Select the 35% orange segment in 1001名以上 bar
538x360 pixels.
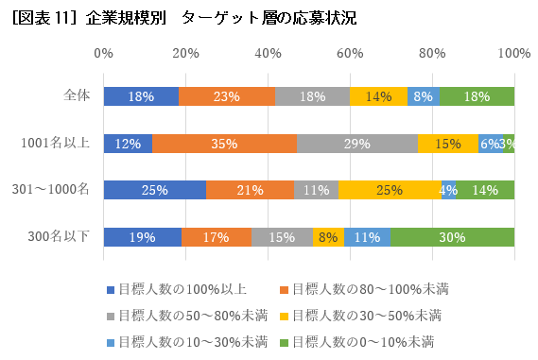point(224,144)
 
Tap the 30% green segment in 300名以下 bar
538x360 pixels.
point(452,237)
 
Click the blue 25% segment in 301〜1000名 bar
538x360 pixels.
point(155,190)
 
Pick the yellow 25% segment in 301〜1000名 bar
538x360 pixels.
point(390,190)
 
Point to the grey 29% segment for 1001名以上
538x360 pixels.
point(357,144)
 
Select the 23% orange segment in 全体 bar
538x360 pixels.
point(227,96)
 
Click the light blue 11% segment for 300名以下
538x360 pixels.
point(368,237)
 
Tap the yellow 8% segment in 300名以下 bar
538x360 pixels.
point(328,237)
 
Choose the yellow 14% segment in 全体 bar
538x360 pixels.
point(378,96)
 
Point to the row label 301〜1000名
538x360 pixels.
point(54,190)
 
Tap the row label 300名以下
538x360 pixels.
point(61,236)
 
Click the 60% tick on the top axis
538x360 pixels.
point(350,55)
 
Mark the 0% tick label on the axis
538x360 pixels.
point(104,55)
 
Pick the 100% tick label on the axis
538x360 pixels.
point(513,55)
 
